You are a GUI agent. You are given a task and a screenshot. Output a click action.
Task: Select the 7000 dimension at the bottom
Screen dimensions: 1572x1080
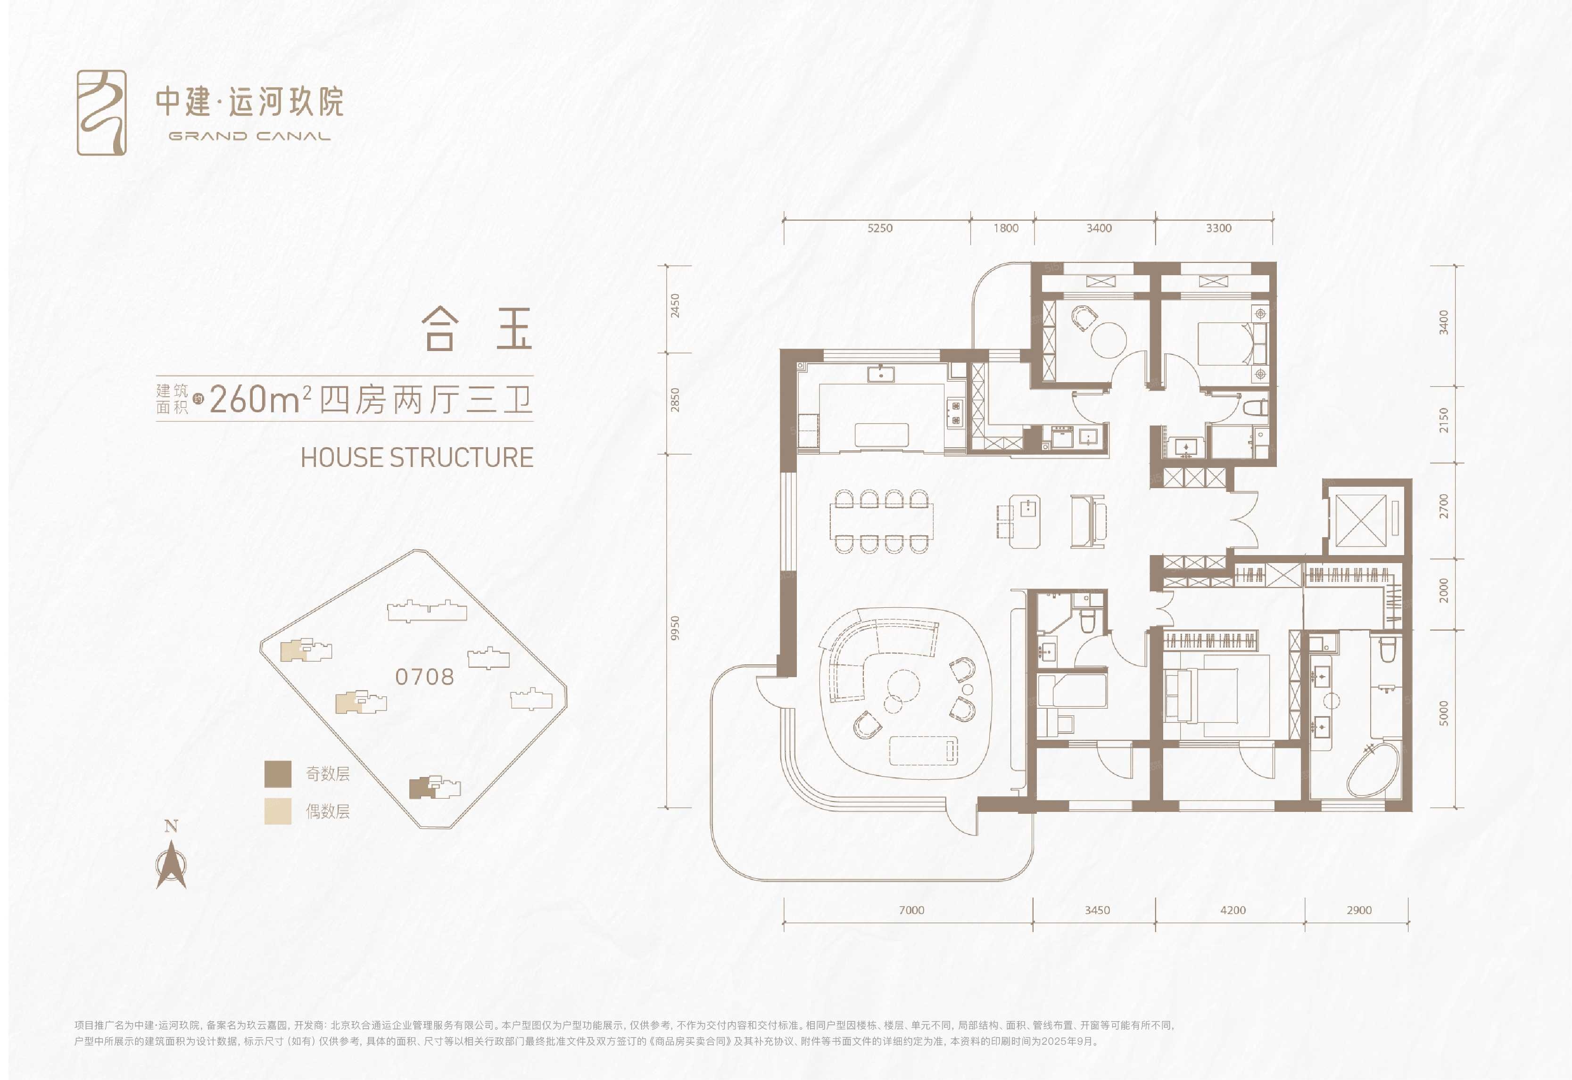911,910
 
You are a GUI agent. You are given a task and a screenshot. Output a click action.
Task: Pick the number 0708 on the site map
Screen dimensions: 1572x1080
424,677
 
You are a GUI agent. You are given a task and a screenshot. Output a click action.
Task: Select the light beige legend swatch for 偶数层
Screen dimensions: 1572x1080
278,810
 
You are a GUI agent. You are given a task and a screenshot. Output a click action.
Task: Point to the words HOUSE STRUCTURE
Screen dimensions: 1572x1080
417,458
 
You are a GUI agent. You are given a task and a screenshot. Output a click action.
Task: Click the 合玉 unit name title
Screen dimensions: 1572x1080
477,329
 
